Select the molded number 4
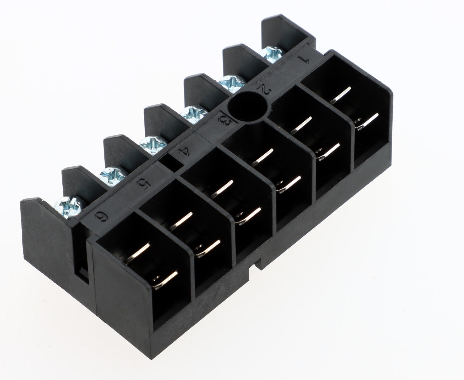click(184, 152)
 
